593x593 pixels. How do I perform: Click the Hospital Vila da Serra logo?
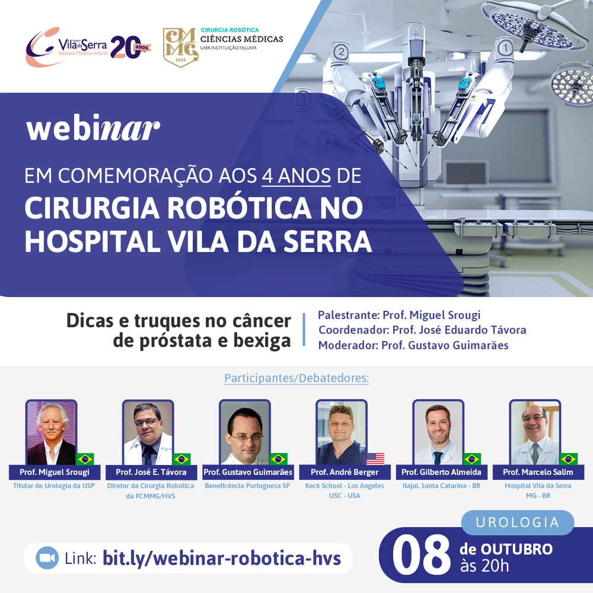(88, 47)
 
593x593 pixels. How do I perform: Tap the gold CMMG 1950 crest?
(180, 47)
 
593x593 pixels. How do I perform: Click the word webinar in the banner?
(93, 127)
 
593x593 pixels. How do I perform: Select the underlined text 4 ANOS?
(296, 176)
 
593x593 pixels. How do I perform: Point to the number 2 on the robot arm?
(342, 52)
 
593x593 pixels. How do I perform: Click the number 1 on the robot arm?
(505, 48)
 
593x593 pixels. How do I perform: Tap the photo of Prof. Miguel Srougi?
(51, 432)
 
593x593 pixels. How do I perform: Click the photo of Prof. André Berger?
(342, 432)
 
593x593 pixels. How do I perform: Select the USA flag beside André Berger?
(375, 459)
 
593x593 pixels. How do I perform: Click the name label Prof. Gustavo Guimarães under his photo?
(248, 472)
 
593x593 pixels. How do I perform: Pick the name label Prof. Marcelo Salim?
(538, 472)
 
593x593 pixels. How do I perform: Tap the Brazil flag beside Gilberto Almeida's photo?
(472, 459)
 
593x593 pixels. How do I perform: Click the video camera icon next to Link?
(47, 558)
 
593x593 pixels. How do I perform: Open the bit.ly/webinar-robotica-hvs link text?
(222, 558)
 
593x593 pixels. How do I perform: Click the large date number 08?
(421, 556)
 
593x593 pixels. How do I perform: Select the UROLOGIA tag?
(517, 522)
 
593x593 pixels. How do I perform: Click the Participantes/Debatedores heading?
(296, 378)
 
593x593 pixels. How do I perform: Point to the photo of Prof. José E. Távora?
(148, 432)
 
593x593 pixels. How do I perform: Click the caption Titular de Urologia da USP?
(54, 486)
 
